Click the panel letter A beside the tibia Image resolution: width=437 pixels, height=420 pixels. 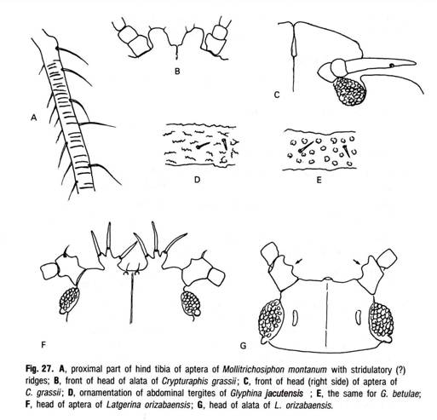pos(34,118)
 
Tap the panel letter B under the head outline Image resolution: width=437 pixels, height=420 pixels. pos(177,71)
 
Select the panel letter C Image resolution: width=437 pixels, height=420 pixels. pos(277,95)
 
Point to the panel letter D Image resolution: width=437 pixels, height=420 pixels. pos(197,180)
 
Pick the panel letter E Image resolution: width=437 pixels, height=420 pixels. pos(319,180)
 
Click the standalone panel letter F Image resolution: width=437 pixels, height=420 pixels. pos(43,345)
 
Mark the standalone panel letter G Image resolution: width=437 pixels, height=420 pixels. pos(244,346)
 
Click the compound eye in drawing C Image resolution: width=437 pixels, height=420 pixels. pos(349,91)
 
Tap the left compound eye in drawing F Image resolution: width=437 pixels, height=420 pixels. pos(69,300)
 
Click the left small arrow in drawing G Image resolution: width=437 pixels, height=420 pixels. pos(298,262)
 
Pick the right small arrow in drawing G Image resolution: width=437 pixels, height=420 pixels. pos(358,262)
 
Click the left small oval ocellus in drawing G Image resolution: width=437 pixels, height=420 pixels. pos(295,317)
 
